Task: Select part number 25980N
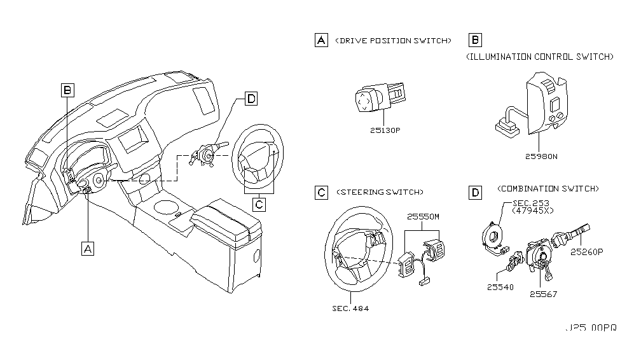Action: pos(541,156)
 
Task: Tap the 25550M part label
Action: pos(422,216)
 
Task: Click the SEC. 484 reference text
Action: pos(351,308)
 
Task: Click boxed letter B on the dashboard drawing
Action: pos(68,91)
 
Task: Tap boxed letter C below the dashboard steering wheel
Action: pos(259,204)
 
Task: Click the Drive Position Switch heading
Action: pos(393,41)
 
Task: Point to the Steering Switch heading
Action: pos(380,191)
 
